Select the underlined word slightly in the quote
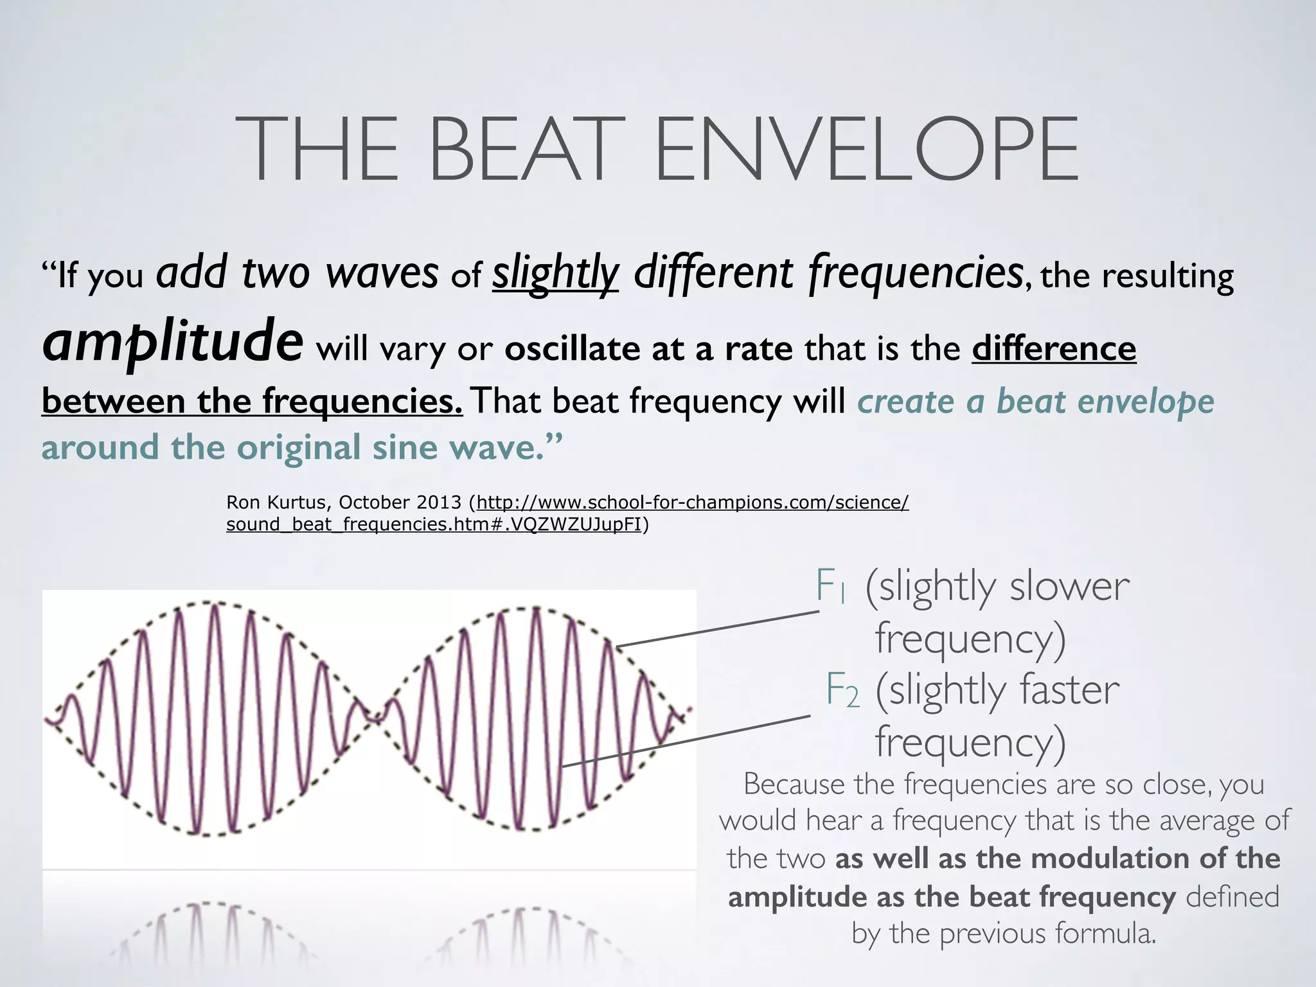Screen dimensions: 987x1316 click(x=555, y=273)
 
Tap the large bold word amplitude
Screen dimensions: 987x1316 click(x=172, y=341)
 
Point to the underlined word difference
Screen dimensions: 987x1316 click(x=1054, y=348)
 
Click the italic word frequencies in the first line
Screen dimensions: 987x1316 click(x=915, y=273)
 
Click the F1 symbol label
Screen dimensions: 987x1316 click(x=830, y=586)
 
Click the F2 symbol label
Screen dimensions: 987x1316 click(x=842, y=690)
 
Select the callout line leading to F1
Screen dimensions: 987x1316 click(x=716, y=628)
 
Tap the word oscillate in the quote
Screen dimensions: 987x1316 click(x=572, y=350)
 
